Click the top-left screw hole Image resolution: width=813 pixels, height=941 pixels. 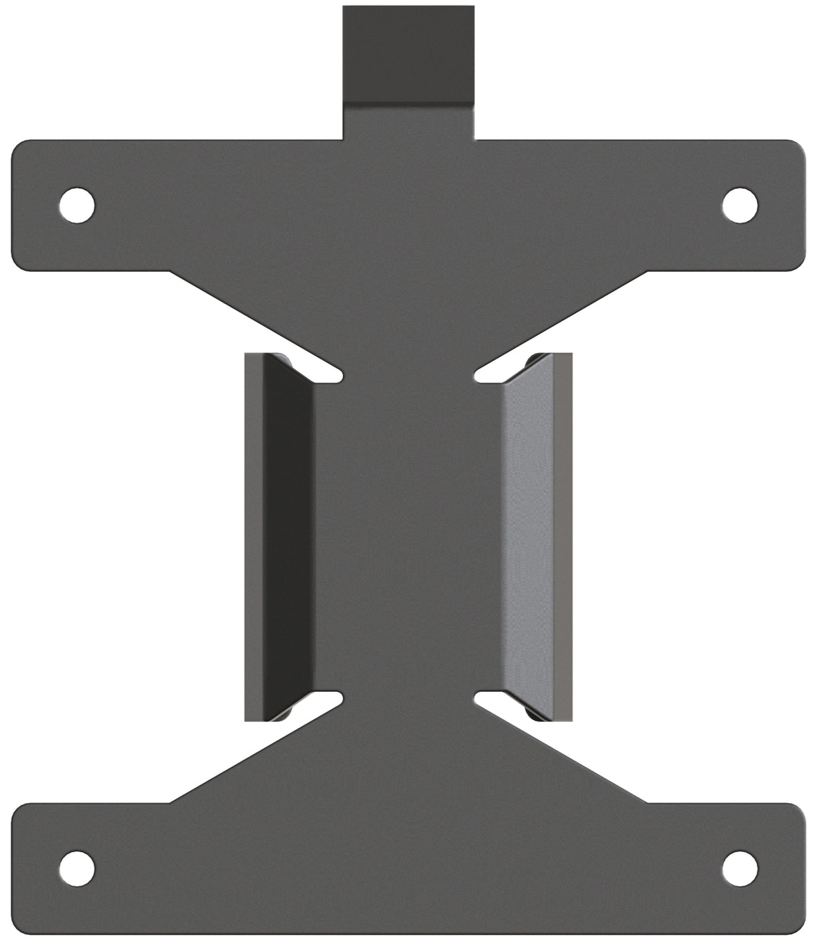[76, 204]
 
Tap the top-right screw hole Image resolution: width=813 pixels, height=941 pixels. [739, 204]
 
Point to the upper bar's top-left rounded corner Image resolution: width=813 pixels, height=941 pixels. [20, 149]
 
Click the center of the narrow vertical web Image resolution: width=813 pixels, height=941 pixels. [408, 536]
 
